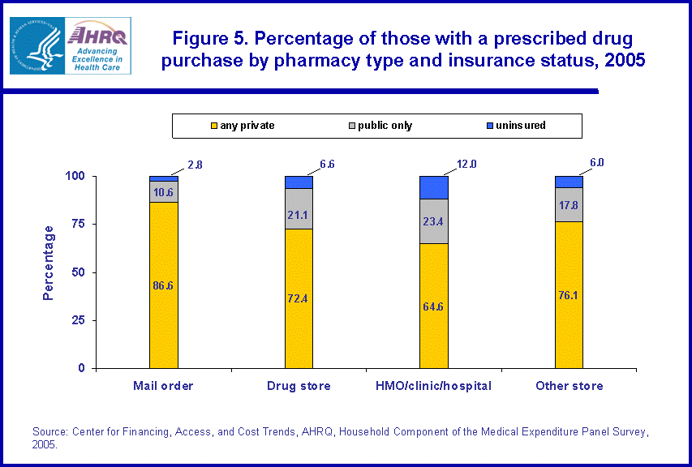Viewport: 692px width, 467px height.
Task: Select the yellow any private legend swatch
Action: [214, 126]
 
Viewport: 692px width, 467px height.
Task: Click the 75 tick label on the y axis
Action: [79, 225]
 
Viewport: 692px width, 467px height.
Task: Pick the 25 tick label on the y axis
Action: [79, 320]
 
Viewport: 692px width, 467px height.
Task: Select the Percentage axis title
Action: [49, 263]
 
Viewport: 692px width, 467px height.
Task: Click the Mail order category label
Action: [163, 386]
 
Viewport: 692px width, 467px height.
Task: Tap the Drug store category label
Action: [299, 386]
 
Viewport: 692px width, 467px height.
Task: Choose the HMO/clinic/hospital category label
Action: [434, 386]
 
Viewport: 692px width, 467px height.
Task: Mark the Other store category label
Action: [569, 386]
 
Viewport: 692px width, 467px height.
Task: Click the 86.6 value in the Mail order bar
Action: [163, 285]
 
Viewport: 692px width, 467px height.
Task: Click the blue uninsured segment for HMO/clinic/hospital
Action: [433, 186]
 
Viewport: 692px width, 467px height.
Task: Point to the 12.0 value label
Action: [465, 165]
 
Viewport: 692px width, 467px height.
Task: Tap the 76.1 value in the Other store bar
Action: [569, 294]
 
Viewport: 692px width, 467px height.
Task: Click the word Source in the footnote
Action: [49, 432]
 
